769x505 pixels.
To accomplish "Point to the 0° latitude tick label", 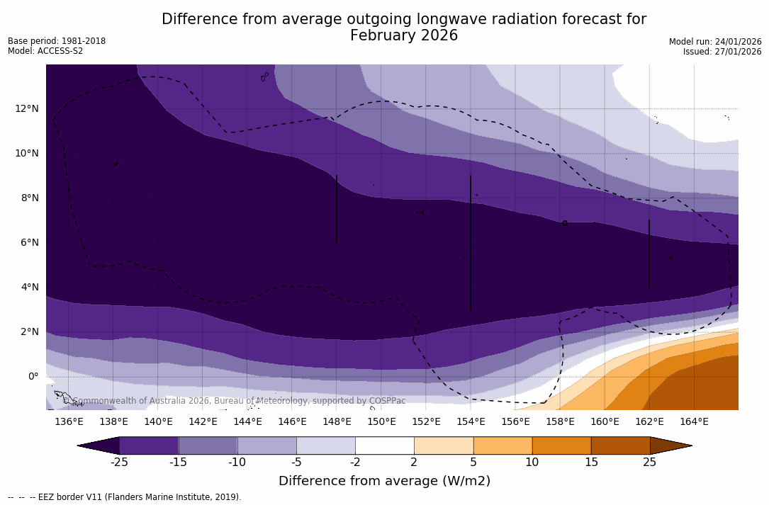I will (33, 376).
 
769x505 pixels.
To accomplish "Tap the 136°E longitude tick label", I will (69, 422).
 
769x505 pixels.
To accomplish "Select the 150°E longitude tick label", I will (381, 422).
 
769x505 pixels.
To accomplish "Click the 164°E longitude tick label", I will (694, 422).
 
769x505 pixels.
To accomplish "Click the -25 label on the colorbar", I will (119, 463).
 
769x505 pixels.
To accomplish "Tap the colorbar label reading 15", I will (590, 463).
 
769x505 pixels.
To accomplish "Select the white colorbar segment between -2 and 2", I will (384, 446).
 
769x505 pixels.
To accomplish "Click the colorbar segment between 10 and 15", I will (561, 446).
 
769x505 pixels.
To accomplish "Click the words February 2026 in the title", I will (404, 35).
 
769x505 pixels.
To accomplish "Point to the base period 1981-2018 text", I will (82, 41).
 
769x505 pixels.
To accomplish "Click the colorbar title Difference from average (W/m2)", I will (384, 482).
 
